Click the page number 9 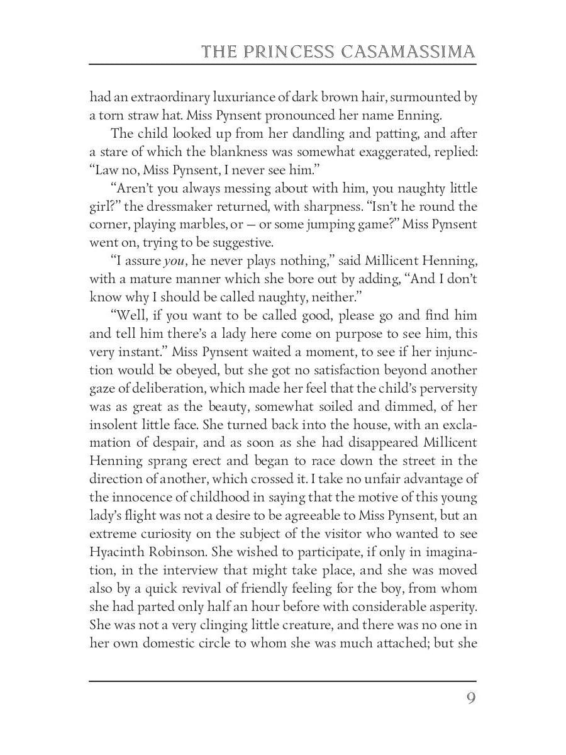pos(470,699)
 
